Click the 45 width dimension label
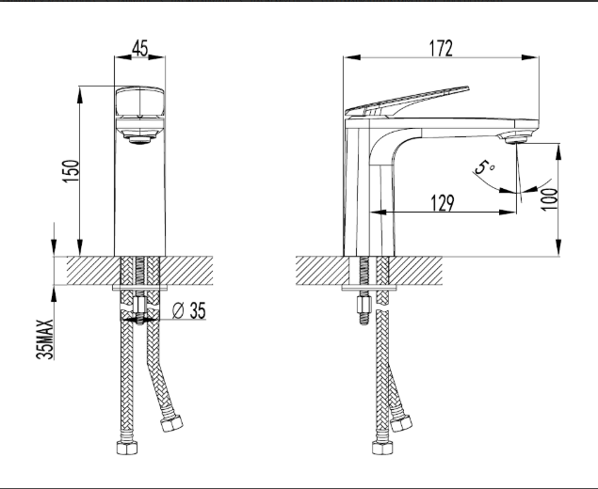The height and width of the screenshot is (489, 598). [139, 49]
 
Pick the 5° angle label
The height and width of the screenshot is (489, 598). [483, 169]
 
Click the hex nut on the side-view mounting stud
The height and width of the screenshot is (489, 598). [361, 305]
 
